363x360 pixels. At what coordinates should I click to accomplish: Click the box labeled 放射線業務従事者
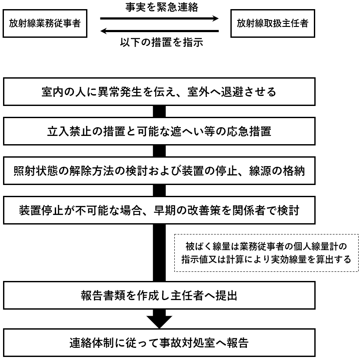pyautogui.click(x=45, y=23)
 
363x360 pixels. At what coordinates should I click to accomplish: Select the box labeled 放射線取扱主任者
pyautogui.click(x=273, y=23)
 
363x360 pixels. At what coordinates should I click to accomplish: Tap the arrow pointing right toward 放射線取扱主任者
pyautogui.click(x=159, y=18)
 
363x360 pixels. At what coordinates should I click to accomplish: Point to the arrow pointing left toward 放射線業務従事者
pyautogui.click(x=159, y=31)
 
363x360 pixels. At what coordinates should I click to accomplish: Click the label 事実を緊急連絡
pyautogui.click(x=162, y=7)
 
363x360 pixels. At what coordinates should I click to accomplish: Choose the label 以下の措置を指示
pyautogui.click(x=162, y=42)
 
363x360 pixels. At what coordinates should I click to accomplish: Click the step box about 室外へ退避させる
pyautogui.click(x=159, y=92)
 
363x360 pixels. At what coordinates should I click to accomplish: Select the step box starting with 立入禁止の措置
pyautogui.click(x=159, y=131)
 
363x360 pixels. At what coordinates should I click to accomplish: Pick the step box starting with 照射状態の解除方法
pyautogui.click(x=159, y=171)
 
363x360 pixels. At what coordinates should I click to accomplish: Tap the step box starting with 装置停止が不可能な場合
pyautogui.click(x=159, y=211)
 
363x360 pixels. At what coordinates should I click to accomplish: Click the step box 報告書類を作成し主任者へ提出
pyautogui.click(x=159, y=295)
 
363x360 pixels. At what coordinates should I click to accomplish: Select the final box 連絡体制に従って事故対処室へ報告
pyautogui.click(x=159, y=343)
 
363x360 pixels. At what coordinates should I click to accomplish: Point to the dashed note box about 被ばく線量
pyautogui.click(x=266, y=253)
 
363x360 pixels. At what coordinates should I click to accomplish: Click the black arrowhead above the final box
pyautogui.click(x=159, y=321)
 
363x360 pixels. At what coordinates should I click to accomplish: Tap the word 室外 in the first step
pyautogui.click(x=198, y=92)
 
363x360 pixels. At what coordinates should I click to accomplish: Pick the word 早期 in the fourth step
pyautogui.click(x=165, y=211)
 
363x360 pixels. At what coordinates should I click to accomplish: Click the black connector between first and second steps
pyautogui.click(x=159, y=112)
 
